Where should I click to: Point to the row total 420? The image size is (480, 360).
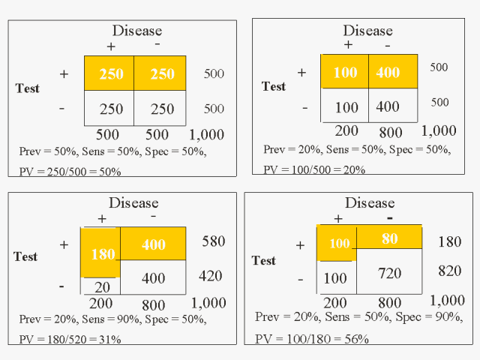pyautogui.click(x=211, y=276)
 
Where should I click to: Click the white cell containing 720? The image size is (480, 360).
pyautogui.click(x=390, y=273)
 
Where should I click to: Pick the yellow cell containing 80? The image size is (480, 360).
pyautogui.click(x=390, y=239)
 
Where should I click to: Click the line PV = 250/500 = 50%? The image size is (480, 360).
pyautogui.click(x=69, y=172)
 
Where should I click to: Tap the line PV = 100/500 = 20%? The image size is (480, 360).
pyautogui.click(x=314, y=169)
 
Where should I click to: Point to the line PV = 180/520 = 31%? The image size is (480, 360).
pyautogui.click(x=70, y=339)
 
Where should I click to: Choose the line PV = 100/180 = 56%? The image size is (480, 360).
pyautogui.click(x=312, y=339)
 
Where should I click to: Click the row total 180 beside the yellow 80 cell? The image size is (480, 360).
pyautogui.click(x=450, y=241)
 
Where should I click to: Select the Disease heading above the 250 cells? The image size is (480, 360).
pyautogui.click(x=136, y=31)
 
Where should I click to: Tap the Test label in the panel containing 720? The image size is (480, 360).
pyautogui.click(x=263, y=261)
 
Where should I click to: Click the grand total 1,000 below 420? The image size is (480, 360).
pyautogui.click(x=208, y=303)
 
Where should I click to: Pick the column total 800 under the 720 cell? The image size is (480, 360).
pyautogui.click(x=390, y=302)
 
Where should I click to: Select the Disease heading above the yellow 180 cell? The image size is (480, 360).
pyautogui.click(x=133, y=202)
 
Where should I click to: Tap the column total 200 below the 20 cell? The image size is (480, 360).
pyautogui.click(x=101, y=304)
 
